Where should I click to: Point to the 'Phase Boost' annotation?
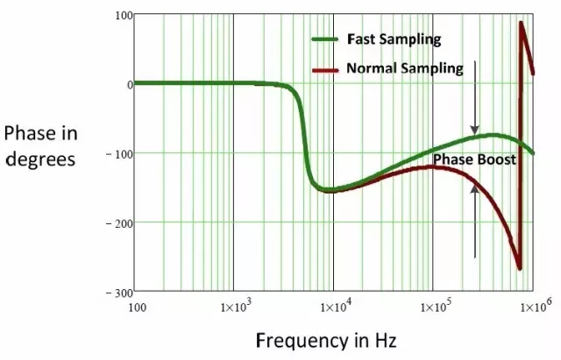click(474, 160)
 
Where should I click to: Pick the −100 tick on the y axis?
click(117, 153)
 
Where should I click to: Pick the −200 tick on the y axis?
click(117, 222)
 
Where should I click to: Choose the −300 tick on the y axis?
click(117, 291)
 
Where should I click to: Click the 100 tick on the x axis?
click(137, 307)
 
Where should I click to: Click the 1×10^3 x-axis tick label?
click(234, 308)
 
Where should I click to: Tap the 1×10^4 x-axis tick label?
click(333, 308)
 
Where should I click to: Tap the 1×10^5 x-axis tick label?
click(433, 308)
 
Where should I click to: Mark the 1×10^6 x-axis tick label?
click(531, 308)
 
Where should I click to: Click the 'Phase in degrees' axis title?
click(42, 146)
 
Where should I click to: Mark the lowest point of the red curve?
click(520, 268)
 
